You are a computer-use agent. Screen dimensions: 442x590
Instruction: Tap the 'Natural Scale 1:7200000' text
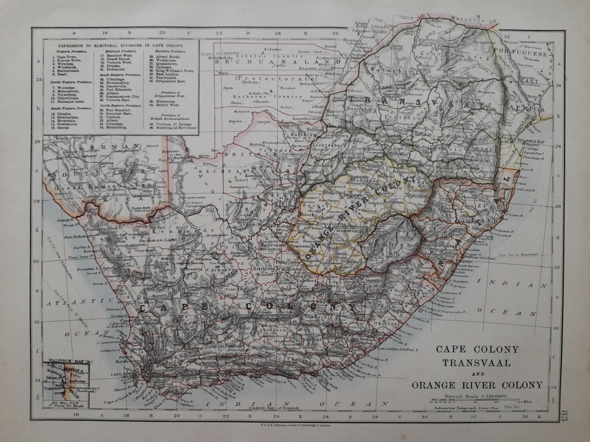(470, 395)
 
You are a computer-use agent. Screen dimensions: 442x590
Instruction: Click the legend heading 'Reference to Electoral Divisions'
(121, 44)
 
